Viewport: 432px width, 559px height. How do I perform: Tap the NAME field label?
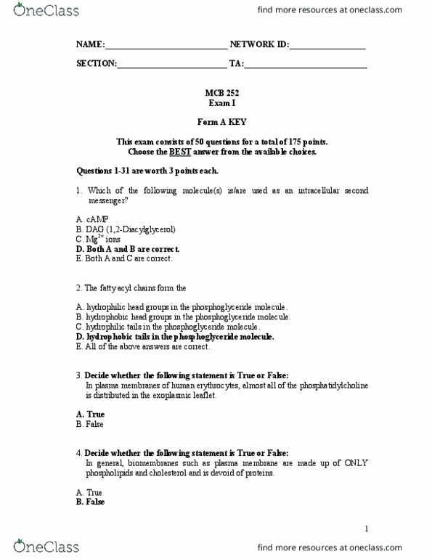tap(90, 44)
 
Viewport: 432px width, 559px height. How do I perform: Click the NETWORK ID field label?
tap(259, 44)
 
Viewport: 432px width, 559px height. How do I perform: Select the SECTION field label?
tap(97, 63)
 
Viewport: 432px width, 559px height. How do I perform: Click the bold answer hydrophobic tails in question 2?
tap(174, 337)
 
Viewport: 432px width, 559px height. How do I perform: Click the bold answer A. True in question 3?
tap(90, 415)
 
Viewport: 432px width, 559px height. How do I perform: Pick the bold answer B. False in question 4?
tap(90, 502)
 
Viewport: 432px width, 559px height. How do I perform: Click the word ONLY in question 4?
tap(354, 463)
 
